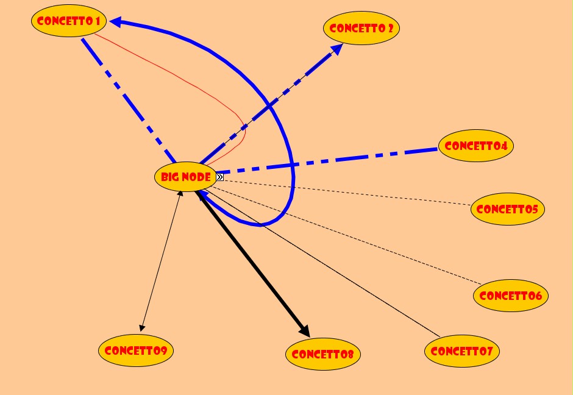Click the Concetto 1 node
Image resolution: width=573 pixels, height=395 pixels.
[68, 21]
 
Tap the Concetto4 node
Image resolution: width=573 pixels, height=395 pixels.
[475, 146]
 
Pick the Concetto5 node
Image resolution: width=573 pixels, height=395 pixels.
[507, 209]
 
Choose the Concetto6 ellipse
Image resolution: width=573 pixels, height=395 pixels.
[511, 296]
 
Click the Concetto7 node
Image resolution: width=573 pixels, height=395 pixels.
[462, 351]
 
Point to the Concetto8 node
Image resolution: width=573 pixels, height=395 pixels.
[322, 354]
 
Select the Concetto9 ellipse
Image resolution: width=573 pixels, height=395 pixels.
[136, 351]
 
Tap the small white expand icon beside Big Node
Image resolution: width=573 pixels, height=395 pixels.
[219, 177]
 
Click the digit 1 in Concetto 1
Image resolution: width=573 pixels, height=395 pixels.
[96, 21]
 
